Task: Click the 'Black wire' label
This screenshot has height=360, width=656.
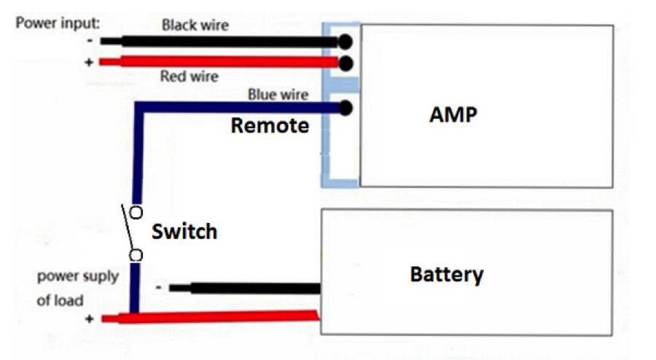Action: pyautogui.click(x=195, y=26)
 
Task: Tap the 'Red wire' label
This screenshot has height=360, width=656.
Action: pyautogui.click(x=190, y=77)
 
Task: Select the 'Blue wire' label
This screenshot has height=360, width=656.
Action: pyautogui.click(x=278, y=94)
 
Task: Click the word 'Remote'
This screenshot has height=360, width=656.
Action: pyautogui.click(x=270, y=126)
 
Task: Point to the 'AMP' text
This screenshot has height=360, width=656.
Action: pyautogui.click(x=453, y=115)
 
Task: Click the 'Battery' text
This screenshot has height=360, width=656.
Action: pyautogui.click(x=447, y=275)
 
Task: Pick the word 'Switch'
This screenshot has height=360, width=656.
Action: pyautogui.click(x=184, y=232)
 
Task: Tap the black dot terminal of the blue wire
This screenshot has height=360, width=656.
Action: pyautogui.click(x=345, y=109)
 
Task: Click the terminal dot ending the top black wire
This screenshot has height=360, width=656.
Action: pyautogui.click(x=345, y=42)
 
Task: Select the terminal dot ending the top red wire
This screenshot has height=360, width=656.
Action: pyautogui.click(x=345, y=63)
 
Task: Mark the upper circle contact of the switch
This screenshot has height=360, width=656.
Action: pyautogui.click(x=136, y=213)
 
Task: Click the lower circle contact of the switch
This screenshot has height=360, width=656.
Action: pyautogui.click(x=136, y=255)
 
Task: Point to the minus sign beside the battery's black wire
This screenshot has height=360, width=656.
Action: pyautogui.click(x=159, y=287)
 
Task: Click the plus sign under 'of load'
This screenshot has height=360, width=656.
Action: pyautogui.click(x=90, y=318)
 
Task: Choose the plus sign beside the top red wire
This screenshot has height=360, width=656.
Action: pyautogui.click(x=90, y=63)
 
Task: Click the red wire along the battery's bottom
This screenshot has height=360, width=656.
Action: pyautogui.click(x=211, y=316)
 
